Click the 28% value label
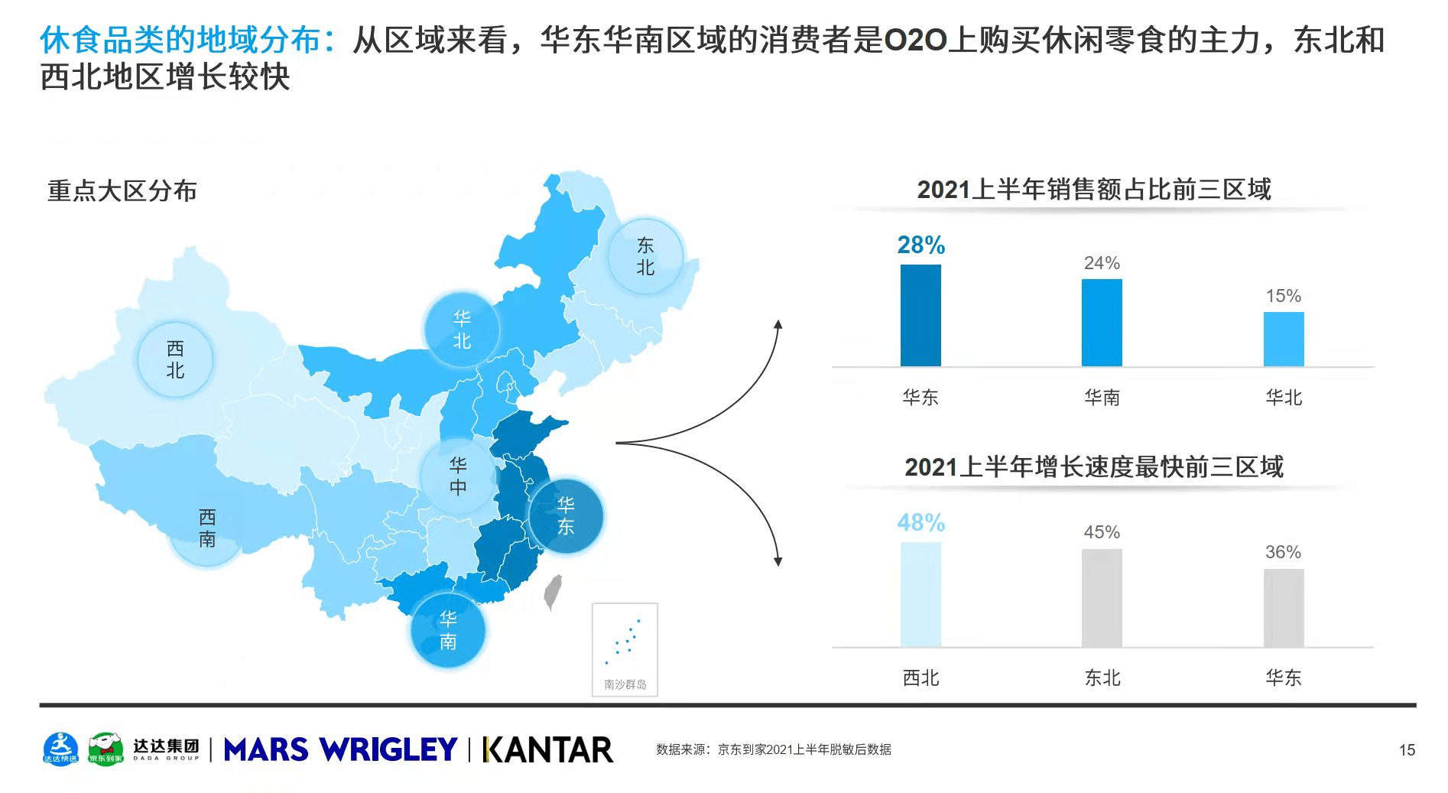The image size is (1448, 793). point(920,245)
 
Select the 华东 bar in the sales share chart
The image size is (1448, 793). point(920,315)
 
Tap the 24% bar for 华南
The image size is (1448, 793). point(1102,322)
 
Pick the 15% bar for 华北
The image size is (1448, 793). point(1283,339)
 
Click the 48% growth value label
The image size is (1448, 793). point(920,522)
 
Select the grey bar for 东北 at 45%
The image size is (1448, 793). point(1102,597)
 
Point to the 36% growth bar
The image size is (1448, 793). point(1283,608)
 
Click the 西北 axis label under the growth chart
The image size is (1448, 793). point(920,678)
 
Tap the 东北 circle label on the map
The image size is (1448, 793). point(645,256)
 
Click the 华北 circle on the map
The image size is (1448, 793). point(462,330)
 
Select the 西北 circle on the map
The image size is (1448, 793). point(175,359)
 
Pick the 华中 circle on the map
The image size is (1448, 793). point(458,476)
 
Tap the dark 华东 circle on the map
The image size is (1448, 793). point(566,515)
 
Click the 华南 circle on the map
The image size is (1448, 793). point(448,630)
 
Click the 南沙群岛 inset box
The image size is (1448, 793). point(625,649)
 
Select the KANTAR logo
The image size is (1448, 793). point(547,749)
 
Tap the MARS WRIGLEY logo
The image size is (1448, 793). point(340,749)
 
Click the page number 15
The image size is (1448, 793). point(1407,750)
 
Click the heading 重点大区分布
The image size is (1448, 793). point(122,190)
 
